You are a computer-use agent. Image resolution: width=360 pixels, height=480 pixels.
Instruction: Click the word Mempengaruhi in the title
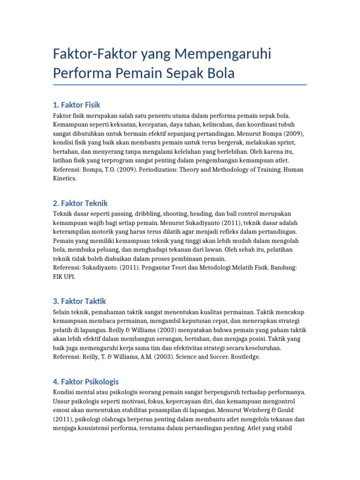point(222,54)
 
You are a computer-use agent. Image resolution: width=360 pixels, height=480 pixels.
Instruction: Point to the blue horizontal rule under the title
point(180,85)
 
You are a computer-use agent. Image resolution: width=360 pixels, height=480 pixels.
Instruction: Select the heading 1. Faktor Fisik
point(77,105)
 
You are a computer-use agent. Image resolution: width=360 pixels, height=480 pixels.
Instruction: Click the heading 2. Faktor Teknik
point(81,203)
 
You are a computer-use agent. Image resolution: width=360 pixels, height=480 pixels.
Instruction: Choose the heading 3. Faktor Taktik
point(80,301)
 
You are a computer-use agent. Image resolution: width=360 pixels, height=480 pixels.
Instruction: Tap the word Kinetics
point(67,178)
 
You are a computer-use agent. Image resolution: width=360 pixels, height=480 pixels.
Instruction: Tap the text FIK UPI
point(64,277)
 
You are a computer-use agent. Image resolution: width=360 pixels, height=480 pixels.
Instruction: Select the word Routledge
point(243,357)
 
